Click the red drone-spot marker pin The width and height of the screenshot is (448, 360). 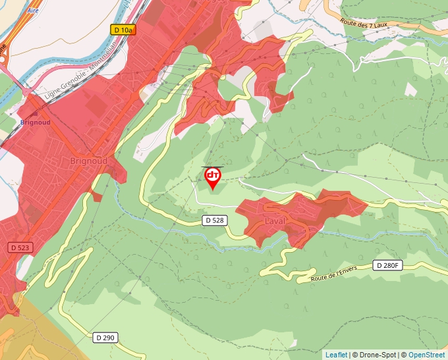point(212,177)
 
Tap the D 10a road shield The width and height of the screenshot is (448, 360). point(122,30)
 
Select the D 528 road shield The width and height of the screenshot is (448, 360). point(215,220)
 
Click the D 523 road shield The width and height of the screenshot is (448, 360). point(21,247)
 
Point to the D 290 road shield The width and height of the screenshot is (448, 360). point(104,338)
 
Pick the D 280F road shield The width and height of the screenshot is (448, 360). point(387,265)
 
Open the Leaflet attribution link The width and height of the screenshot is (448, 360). point(336,355)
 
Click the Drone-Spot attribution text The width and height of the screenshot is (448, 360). point(374,355)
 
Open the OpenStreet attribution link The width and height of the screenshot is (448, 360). point(426,355)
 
